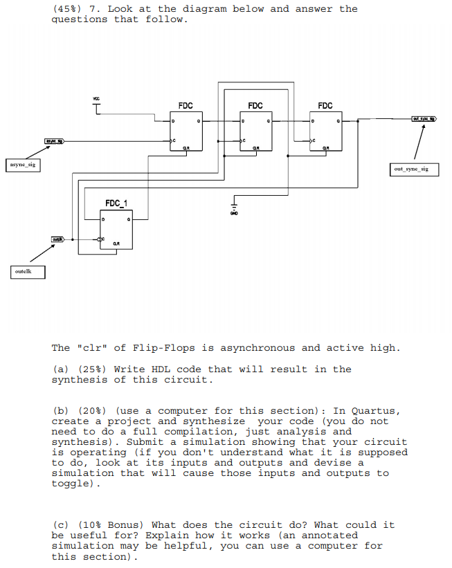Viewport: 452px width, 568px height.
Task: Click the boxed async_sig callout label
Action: point(21,165)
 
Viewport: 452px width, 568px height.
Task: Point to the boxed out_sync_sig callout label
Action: point(411,169)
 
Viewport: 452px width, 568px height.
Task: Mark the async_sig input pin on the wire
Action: point(55,141)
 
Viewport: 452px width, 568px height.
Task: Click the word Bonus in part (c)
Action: point(127,525)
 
